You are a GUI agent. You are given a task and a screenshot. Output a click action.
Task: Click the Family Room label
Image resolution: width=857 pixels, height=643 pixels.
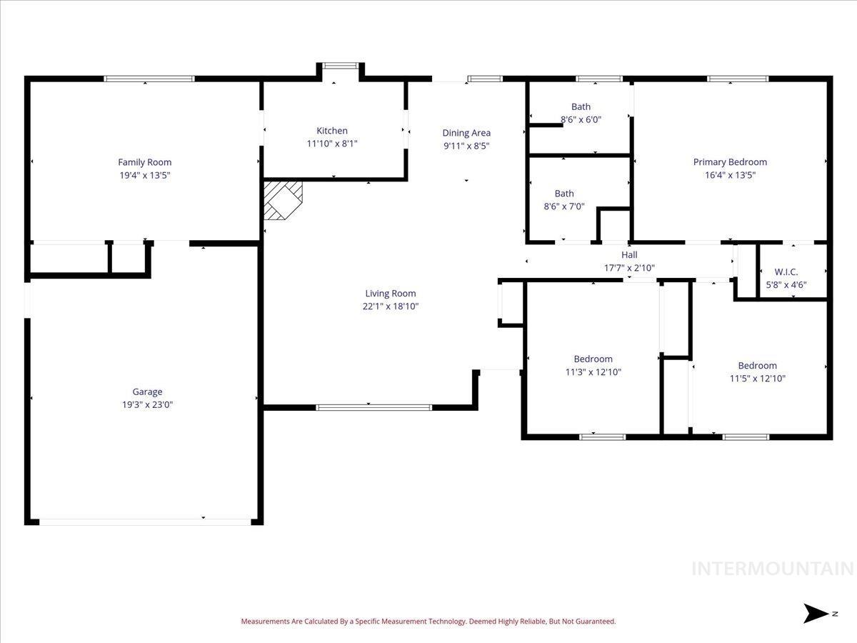(x=144, y=162)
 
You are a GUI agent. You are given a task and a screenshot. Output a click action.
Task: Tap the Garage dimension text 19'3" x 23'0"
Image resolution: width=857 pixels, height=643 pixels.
(x=147, y=404)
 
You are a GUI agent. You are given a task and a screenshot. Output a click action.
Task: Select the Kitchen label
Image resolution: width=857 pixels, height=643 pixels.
(x=332, y=131)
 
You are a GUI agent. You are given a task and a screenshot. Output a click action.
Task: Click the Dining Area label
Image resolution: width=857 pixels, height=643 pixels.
(x=466, y=133)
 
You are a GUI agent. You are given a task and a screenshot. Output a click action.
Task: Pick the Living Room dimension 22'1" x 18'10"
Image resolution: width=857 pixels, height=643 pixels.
(x=390, y=306)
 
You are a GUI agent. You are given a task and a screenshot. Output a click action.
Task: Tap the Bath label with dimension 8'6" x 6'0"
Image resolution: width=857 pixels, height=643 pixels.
(x=581, y=107)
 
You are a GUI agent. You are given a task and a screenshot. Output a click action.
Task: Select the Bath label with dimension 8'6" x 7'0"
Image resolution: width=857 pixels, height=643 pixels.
(x=564, y=194)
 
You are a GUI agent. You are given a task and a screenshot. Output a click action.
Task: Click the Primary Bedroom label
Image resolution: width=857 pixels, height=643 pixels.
(x=730, y=162)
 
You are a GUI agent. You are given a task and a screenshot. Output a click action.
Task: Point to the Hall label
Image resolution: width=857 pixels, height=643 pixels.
(x=629, y=255)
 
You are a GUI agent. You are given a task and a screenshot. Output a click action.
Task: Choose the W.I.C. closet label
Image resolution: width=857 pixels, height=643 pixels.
(x=786, y=272)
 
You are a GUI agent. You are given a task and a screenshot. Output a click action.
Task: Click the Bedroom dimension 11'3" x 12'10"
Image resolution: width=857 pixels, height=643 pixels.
(x=593, y=372)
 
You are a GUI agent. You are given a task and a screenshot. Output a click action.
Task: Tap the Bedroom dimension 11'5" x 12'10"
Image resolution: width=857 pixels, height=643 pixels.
(x=757, y=379)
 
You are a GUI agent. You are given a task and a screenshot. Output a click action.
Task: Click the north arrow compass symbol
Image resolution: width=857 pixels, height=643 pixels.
(x=815, y=613)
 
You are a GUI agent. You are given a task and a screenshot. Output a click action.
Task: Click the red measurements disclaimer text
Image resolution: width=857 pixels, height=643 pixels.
(x=428, y=622)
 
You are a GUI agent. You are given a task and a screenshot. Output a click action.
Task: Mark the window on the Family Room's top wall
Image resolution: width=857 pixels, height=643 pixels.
(x=149, y=79)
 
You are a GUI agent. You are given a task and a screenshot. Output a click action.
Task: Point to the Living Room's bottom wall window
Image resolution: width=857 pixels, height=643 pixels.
(x=374, y=407)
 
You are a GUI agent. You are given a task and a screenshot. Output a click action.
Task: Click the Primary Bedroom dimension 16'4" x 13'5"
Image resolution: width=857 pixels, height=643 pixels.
(x=730, y=175)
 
